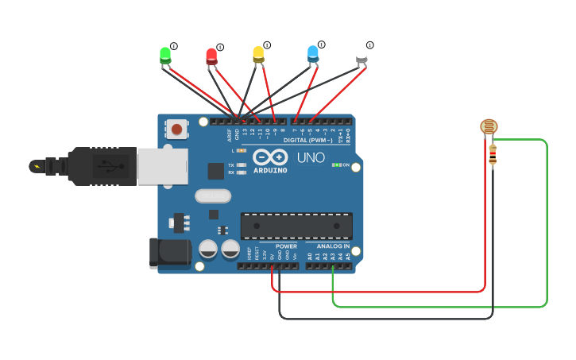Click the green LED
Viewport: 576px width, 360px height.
[x=165, y=55]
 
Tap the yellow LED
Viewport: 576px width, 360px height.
[x=258, y=54]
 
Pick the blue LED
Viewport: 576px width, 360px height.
[x=313, y=53]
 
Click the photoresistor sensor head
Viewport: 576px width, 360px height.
[x=489, y=126]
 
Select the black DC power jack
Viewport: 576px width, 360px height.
[x=170, y=254]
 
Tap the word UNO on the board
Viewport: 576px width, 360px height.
[x=311, y=157]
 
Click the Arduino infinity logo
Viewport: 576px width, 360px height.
[x=270, y=157]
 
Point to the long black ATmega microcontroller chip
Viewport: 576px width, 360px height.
[x=296, y=225]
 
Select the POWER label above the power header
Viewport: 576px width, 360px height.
[x=286, y=246]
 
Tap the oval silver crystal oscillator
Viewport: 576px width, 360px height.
[x=213, y=195]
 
